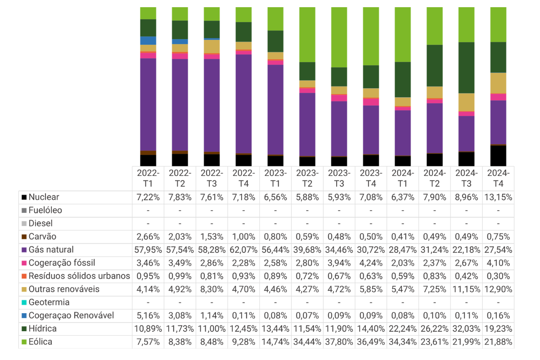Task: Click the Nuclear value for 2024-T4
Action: pos(498,197)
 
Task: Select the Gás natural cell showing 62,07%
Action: pos(243,250)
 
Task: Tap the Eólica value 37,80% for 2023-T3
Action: pos(339,342)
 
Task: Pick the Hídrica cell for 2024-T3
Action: pos(466,328)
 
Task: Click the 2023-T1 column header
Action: pos(275,179)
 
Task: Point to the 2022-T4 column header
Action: pos(243,179)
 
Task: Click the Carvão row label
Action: pos(42,237)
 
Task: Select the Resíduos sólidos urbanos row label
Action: pos(79,276)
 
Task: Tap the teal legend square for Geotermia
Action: pos(24,302)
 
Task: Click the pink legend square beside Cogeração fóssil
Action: pos(24,263)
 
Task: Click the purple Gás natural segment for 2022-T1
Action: pos(148,105)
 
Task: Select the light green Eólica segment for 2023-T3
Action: pos(339,37)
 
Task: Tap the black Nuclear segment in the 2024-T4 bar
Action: pos(498,156)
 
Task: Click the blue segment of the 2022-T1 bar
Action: pos(148,41)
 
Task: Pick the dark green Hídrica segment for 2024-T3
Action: pos(466,68)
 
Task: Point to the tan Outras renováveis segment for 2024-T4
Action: pos(498,83)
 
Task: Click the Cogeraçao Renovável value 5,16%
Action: pos(148,315)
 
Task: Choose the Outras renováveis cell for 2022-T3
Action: pos(211,289)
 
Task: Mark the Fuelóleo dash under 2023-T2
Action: pos(307,211)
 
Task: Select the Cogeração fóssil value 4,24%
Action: pos(371,263)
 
